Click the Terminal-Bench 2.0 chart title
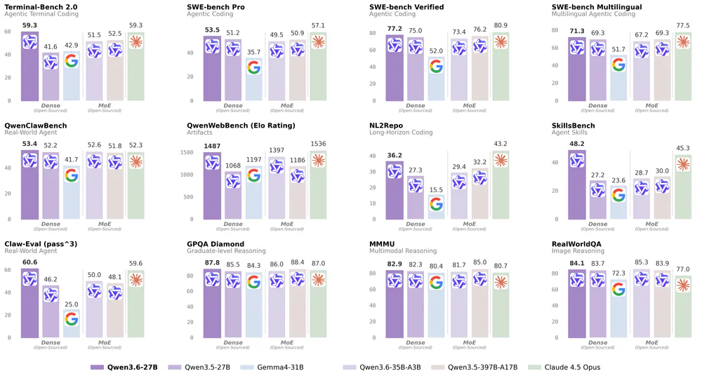click(x=41, y=6)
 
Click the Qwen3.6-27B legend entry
click(x=123, y=367)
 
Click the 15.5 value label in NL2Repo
click(x=436, y=190)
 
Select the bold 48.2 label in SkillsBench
click(x=576, y=144)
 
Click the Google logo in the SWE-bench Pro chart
click(x=253, y=67)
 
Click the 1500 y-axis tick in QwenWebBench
click(x=185, y=152)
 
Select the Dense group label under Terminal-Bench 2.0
click(x=51, y=105)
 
